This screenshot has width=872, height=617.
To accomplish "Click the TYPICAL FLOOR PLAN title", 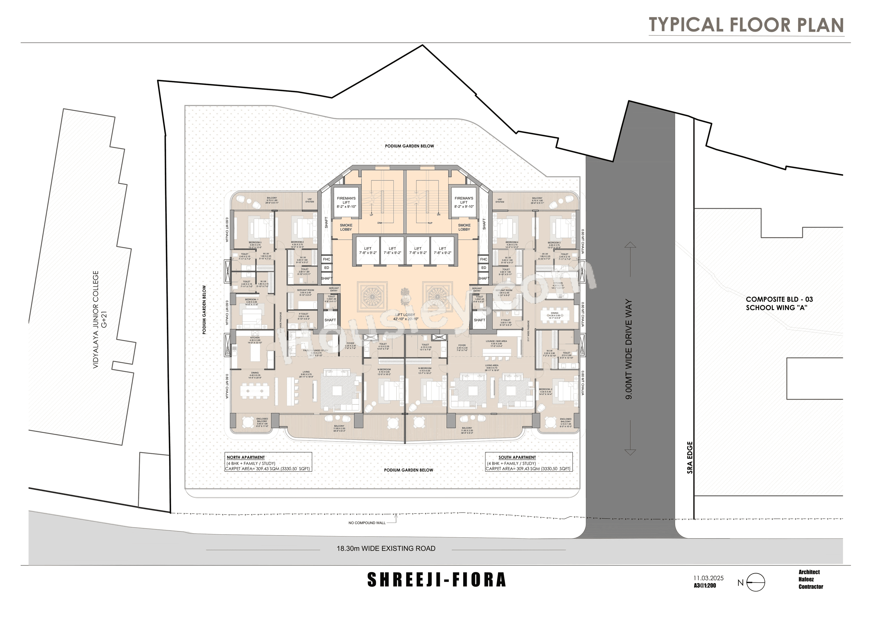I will click(746, 25).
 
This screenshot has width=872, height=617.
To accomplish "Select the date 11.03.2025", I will click(708, 578).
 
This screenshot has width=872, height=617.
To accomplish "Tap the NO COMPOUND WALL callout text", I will click(367, 523).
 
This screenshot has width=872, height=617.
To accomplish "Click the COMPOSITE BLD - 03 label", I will click(779, 299).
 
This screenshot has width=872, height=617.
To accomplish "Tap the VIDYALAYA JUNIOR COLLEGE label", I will click(96, 319).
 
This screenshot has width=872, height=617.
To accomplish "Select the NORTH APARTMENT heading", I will click(246, 458).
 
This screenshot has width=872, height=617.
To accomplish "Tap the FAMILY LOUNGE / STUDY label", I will click(316, 350).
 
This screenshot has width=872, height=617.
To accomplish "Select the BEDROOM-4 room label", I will click(512, 242).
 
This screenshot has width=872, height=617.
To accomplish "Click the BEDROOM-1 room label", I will click(251, 299).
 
